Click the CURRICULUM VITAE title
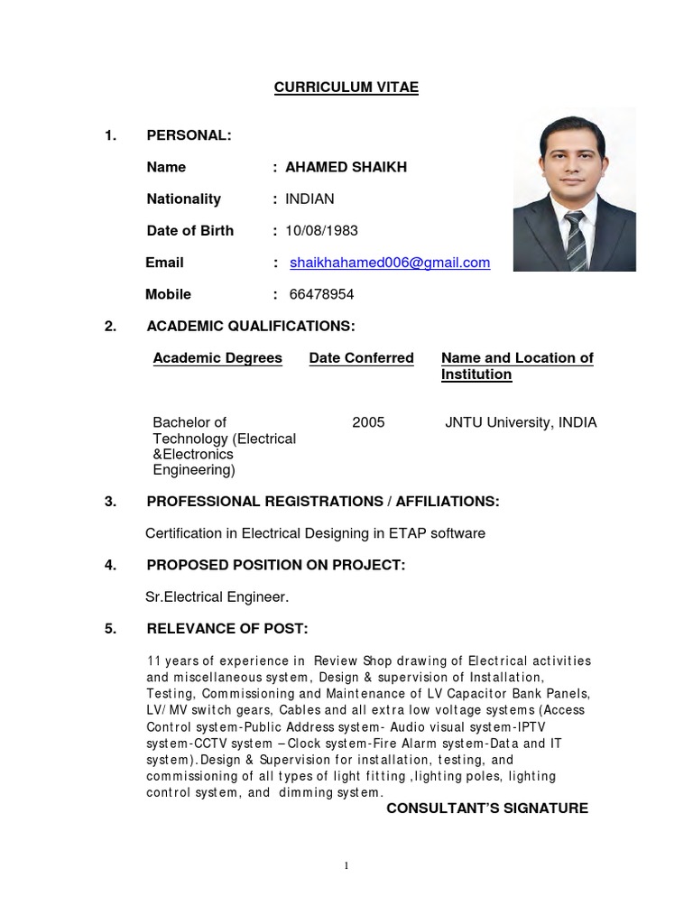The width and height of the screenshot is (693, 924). click(346, 88)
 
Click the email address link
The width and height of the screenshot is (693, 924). click(390, 263)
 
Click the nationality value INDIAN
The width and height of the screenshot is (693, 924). click(310, 199)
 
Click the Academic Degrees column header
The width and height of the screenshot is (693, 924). click(217, 358)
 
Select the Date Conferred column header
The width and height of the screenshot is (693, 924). click(361, 358)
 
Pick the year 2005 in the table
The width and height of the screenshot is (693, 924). click(368, 422)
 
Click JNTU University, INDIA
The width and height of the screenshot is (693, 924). click(521, 422)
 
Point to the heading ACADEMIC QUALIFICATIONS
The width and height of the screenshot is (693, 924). click(251, 326)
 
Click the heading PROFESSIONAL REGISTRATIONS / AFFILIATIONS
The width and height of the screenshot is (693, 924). click(322, 502)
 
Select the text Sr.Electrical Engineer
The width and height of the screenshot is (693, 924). click(217, 596)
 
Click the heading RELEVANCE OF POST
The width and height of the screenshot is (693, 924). click(227, 629)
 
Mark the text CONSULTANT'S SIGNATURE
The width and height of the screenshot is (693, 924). click(487, 808)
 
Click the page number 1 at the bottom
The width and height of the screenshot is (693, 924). click(346, 866)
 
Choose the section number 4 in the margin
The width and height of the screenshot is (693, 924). click(110, 565)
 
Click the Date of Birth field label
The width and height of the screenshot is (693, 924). click(190, 231)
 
